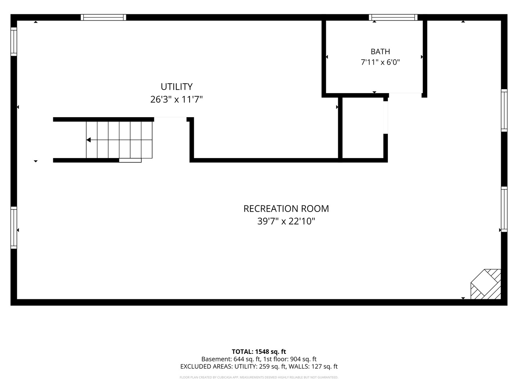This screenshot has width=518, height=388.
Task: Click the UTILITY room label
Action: [177, 87]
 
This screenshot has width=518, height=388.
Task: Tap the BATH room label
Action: [380, 51]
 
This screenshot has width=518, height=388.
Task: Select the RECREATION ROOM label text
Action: [286, 209]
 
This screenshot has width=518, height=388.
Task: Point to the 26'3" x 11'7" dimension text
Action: [177, 100]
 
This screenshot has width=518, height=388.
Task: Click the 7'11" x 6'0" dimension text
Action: [380, 62]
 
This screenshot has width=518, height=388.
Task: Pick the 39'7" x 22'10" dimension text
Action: [286, 221]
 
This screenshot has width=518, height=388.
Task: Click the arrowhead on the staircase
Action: [89, 140]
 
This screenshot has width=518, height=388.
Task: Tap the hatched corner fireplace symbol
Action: [486, 284]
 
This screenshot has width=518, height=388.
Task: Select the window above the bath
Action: [393, 18]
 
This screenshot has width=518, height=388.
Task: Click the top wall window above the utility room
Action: [103, 18]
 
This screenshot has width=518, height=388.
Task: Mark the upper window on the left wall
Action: [14, 42]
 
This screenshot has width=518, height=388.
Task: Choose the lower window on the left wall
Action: [14, 227]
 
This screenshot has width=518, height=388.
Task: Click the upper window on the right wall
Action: [504, 111]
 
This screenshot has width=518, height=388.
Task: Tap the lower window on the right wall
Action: [504, 209]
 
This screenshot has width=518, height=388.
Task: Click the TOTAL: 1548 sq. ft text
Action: [259, 352]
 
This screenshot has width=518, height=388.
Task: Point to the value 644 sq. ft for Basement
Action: [247, 359]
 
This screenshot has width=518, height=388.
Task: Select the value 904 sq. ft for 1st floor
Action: [303, 359]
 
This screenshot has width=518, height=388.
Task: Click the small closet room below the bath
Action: [363, 128]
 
